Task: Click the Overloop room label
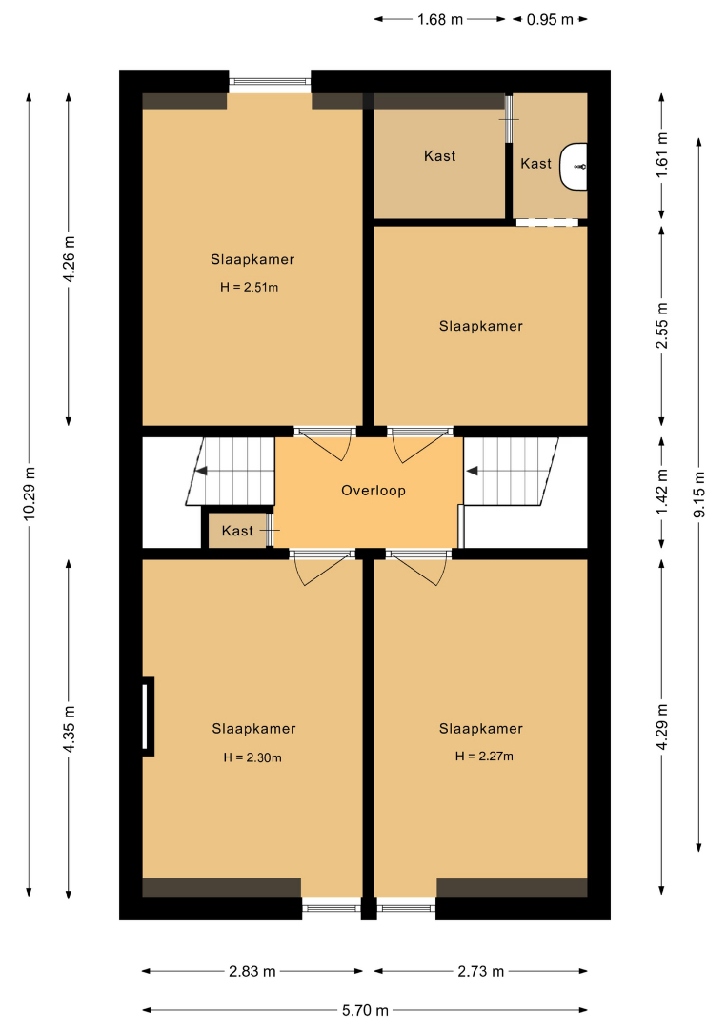point(374,491)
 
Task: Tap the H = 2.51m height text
point(250,287)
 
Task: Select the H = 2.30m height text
point(252,757)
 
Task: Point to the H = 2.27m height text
point(484,756)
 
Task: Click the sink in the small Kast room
point(574,167)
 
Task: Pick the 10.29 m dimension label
point(30,494)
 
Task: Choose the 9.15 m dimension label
point(699,494)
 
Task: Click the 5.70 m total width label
point(365,1010)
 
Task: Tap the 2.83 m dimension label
point(252,971)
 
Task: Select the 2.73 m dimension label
point(481,971)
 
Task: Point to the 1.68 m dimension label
point(440,20)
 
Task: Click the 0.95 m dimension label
point(550,20)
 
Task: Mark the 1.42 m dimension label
point(662,492)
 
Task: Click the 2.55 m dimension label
point(662,326)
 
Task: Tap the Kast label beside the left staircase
point(237,531)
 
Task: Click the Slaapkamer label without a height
point(481,326)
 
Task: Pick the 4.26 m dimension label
point(69,258)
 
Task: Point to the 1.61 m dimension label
point(662,155)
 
